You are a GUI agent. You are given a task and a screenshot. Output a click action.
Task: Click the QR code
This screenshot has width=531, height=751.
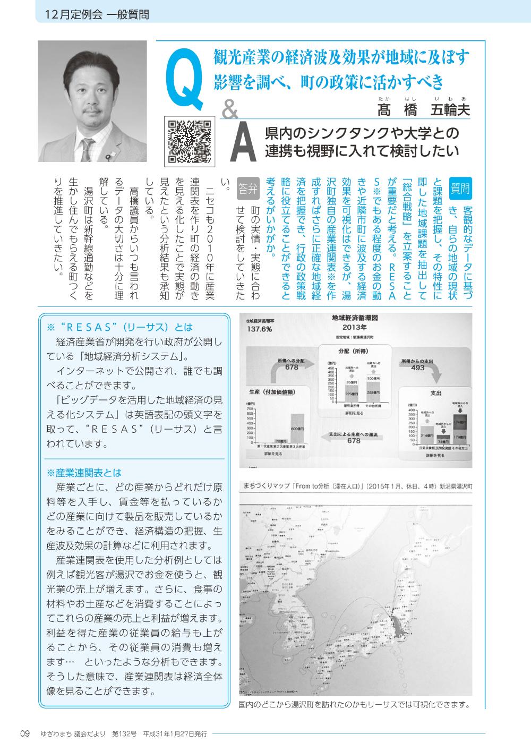tap(189, 140)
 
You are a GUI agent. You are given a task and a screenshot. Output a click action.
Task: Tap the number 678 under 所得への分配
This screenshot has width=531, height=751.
tap(292, 367)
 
